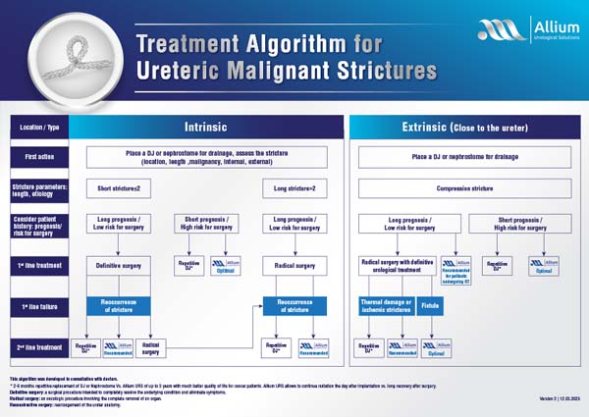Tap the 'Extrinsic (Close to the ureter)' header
(x=466, y=127)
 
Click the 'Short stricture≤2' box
(x=120, y=186)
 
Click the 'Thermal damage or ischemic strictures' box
(x=386, y=306)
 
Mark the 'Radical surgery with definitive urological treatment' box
(x=398, y=264)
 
